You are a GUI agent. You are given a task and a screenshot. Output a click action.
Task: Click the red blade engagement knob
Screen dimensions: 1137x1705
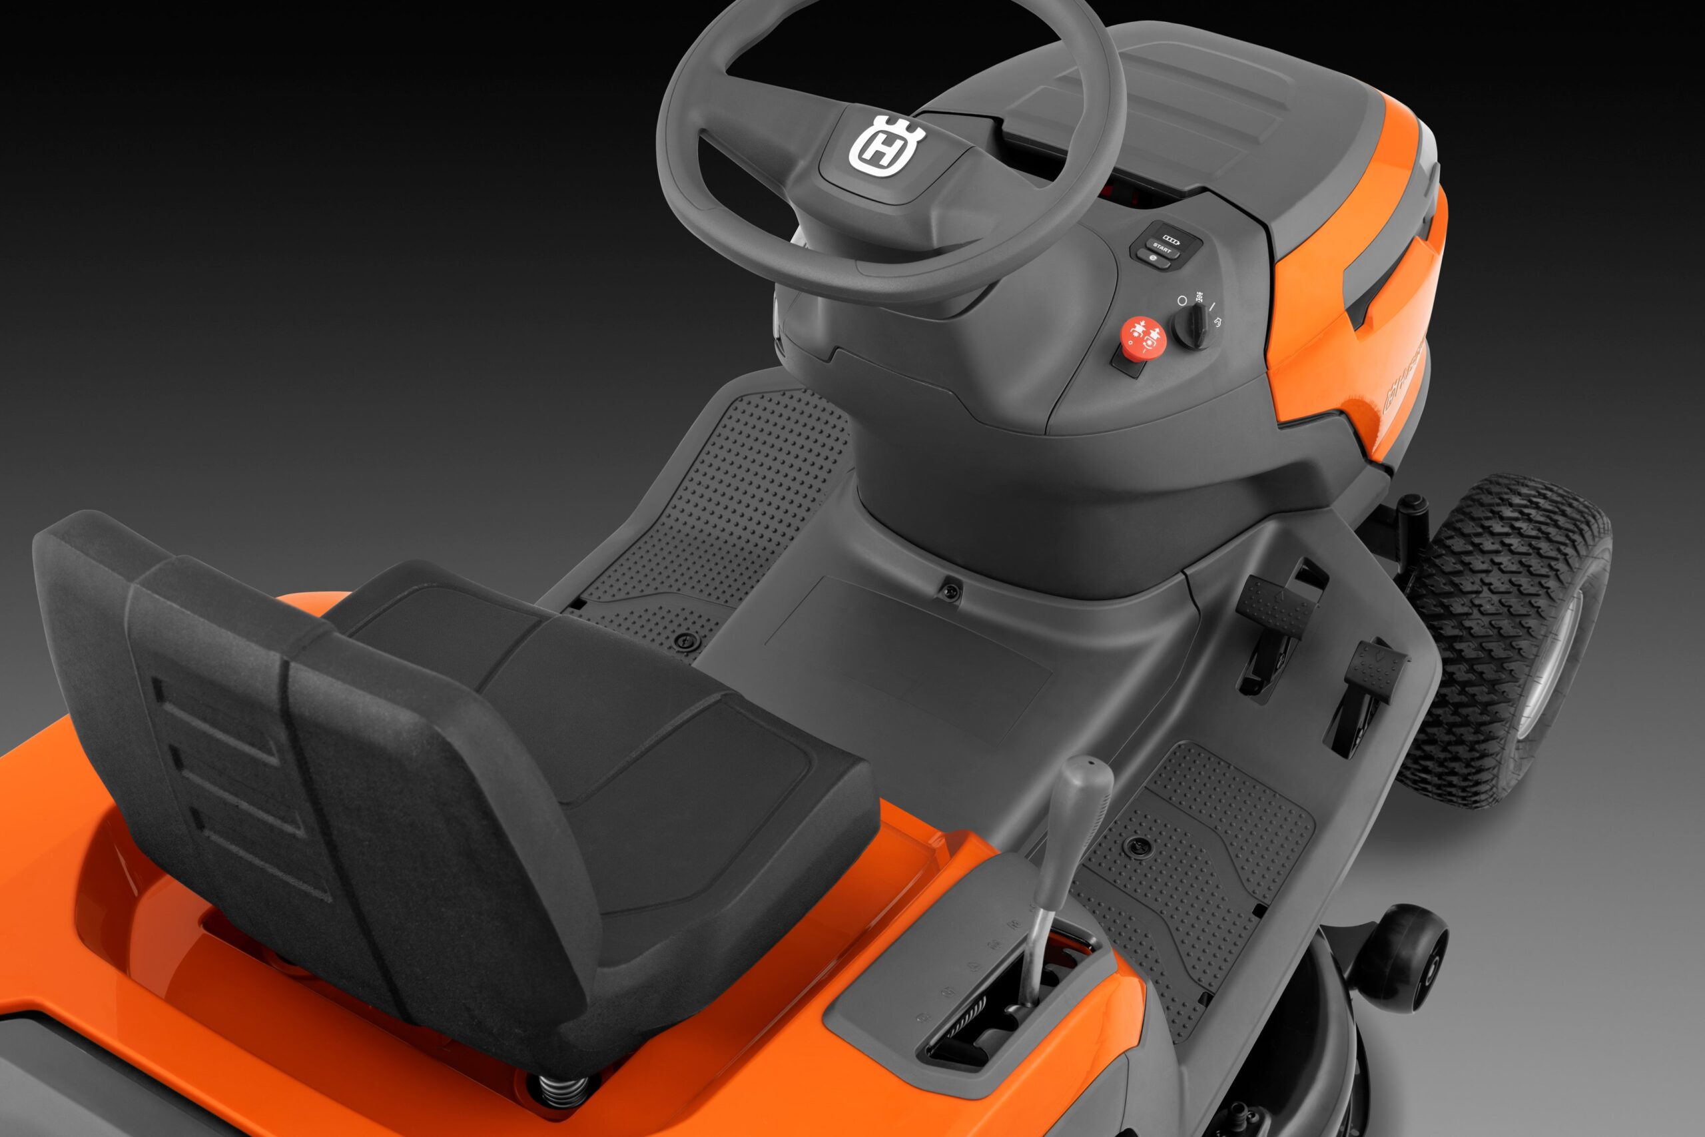tap(1143, 337)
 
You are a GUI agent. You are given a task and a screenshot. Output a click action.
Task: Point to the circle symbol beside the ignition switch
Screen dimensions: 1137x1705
tap(1182, 300)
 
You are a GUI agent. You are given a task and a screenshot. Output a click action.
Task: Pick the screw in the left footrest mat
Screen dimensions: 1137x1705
tap(683, 640)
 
